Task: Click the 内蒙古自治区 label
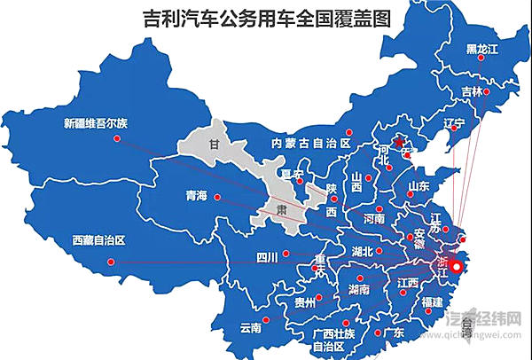[x=312, y=143]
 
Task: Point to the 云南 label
[x=251, y=327]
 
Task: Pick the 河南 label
[x=374, y=218]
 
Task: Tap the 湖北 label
[x=363, y=251]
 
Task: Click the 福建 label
[x=433, y=302]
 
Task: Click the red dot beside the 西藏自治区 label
[x=110, y=261]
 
